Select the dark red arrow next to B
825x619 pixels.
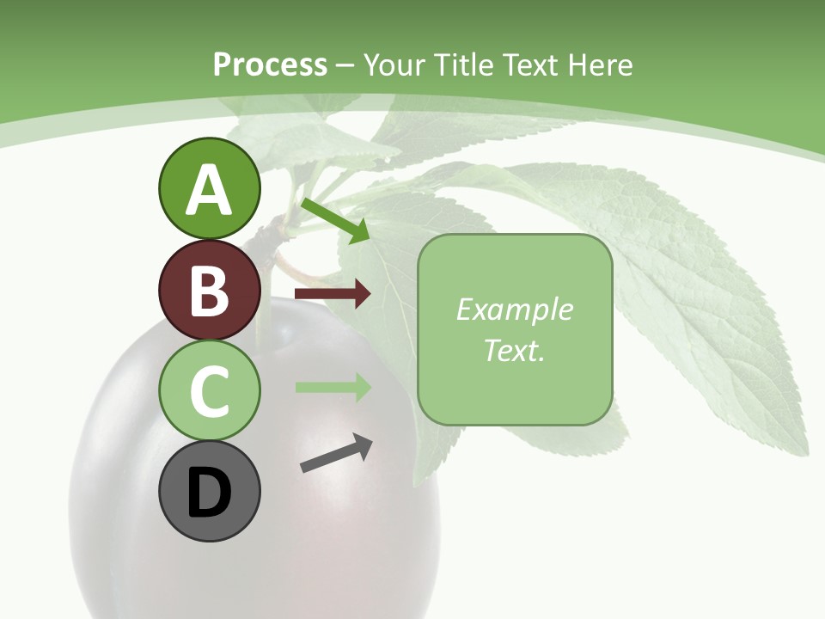coord(333,294)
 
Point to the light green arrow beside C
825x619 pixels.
coord(333,387)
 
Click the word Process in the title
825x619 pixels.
coord(270,64)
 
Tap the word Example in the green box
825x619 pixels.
coord(514,309)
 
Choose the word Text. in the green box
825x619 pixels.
coord(514,350)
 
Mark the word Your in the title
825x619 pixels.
coord(395,64)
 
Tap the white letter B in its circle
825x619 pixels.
coord(209,291)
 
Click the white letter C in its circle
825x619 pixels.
coord(209,390)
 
